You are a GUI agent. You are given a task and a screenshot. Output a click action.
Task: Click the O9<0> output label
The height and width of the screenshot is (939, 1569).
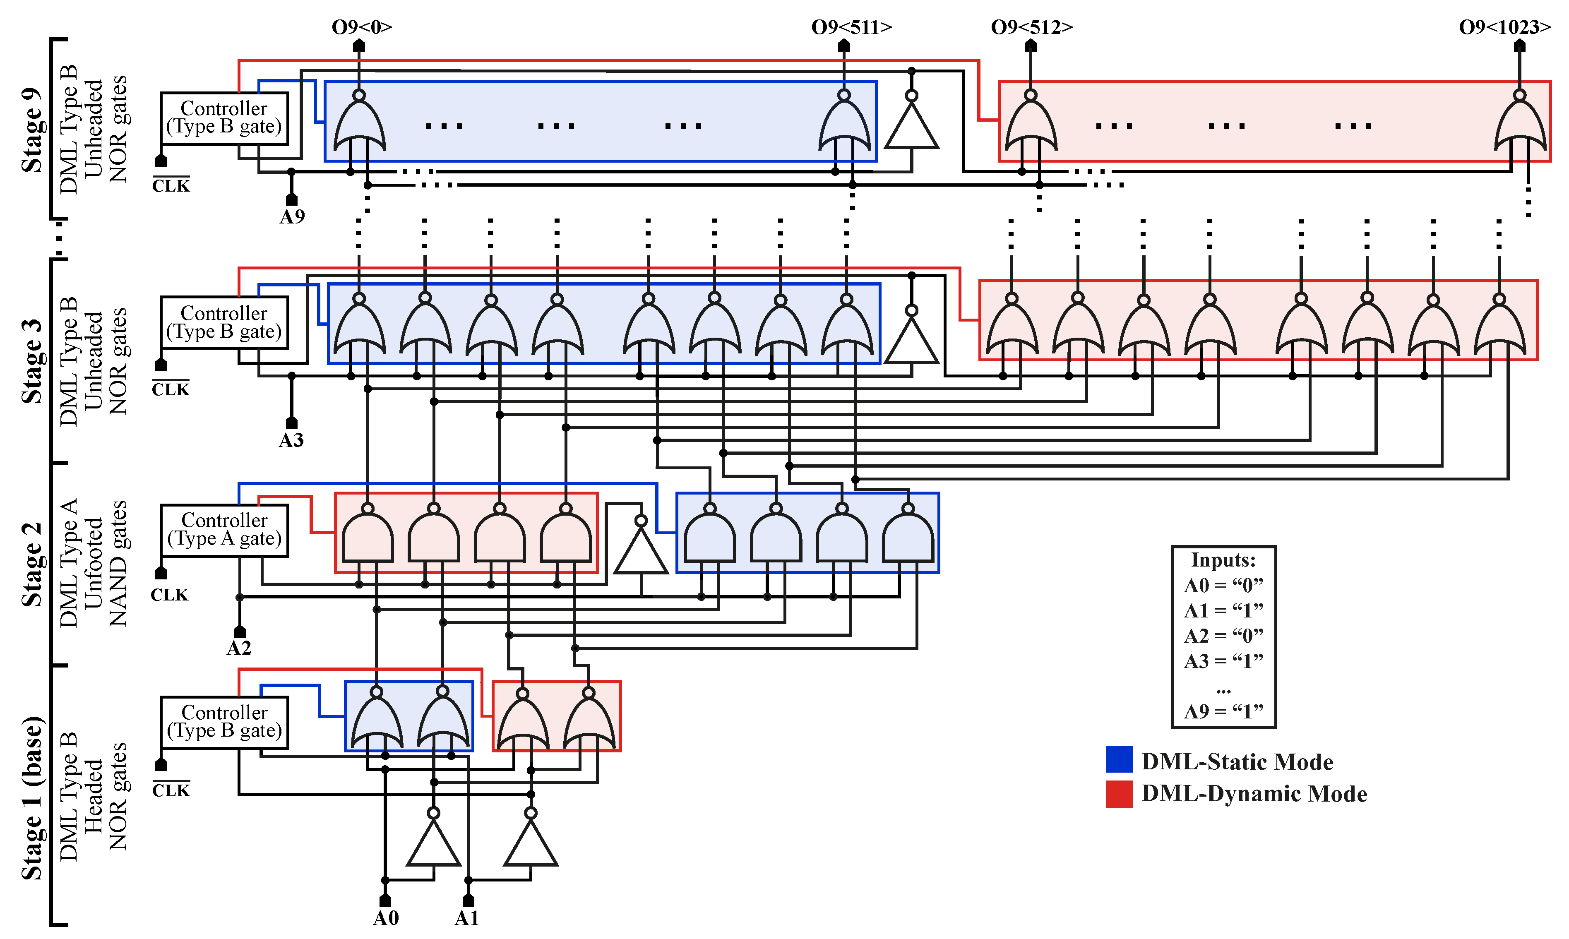tap(362, 27)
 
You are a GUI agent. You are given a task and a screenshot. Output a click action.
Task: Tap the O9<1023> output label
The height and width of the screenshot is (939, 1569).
tap(1504, 27)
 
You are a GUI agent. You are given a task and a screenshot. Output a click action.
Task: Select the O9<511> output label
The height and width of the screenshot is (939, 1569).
tap(852, 27)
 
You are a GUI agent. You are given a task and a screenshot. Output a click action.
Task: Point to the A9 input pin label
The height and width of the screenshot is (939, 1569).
tap(292, 217)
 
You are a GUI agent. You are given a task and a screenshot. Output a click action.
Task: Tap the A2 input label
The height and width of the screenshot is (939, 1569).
tap(239, 648)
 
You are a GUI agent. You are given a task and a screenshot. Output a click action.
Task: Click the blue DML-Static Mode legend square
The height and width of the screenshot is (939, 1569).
tap(1119, 759)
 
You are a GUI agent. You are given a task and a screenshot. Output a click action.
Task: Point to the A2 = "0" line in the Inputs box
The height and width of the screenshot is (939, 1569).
tap(1223, 635)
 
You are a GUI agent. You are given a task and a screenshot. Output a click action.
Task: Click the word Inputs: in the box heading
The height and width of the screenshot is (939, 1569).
tap(1223, 560)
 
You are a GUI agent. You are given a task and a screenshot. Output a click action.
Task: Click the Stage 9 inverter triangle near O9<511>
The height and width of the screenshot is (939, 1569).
tap(911, 128)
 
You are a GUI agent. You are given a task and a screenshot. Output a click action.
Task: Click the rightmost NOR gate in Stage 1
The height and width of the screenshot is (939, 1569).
tap(589, 721)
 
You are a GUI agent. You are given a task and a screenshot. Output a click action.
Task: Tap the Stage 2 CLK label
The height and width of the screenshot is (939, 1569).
tap(169, 595)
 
